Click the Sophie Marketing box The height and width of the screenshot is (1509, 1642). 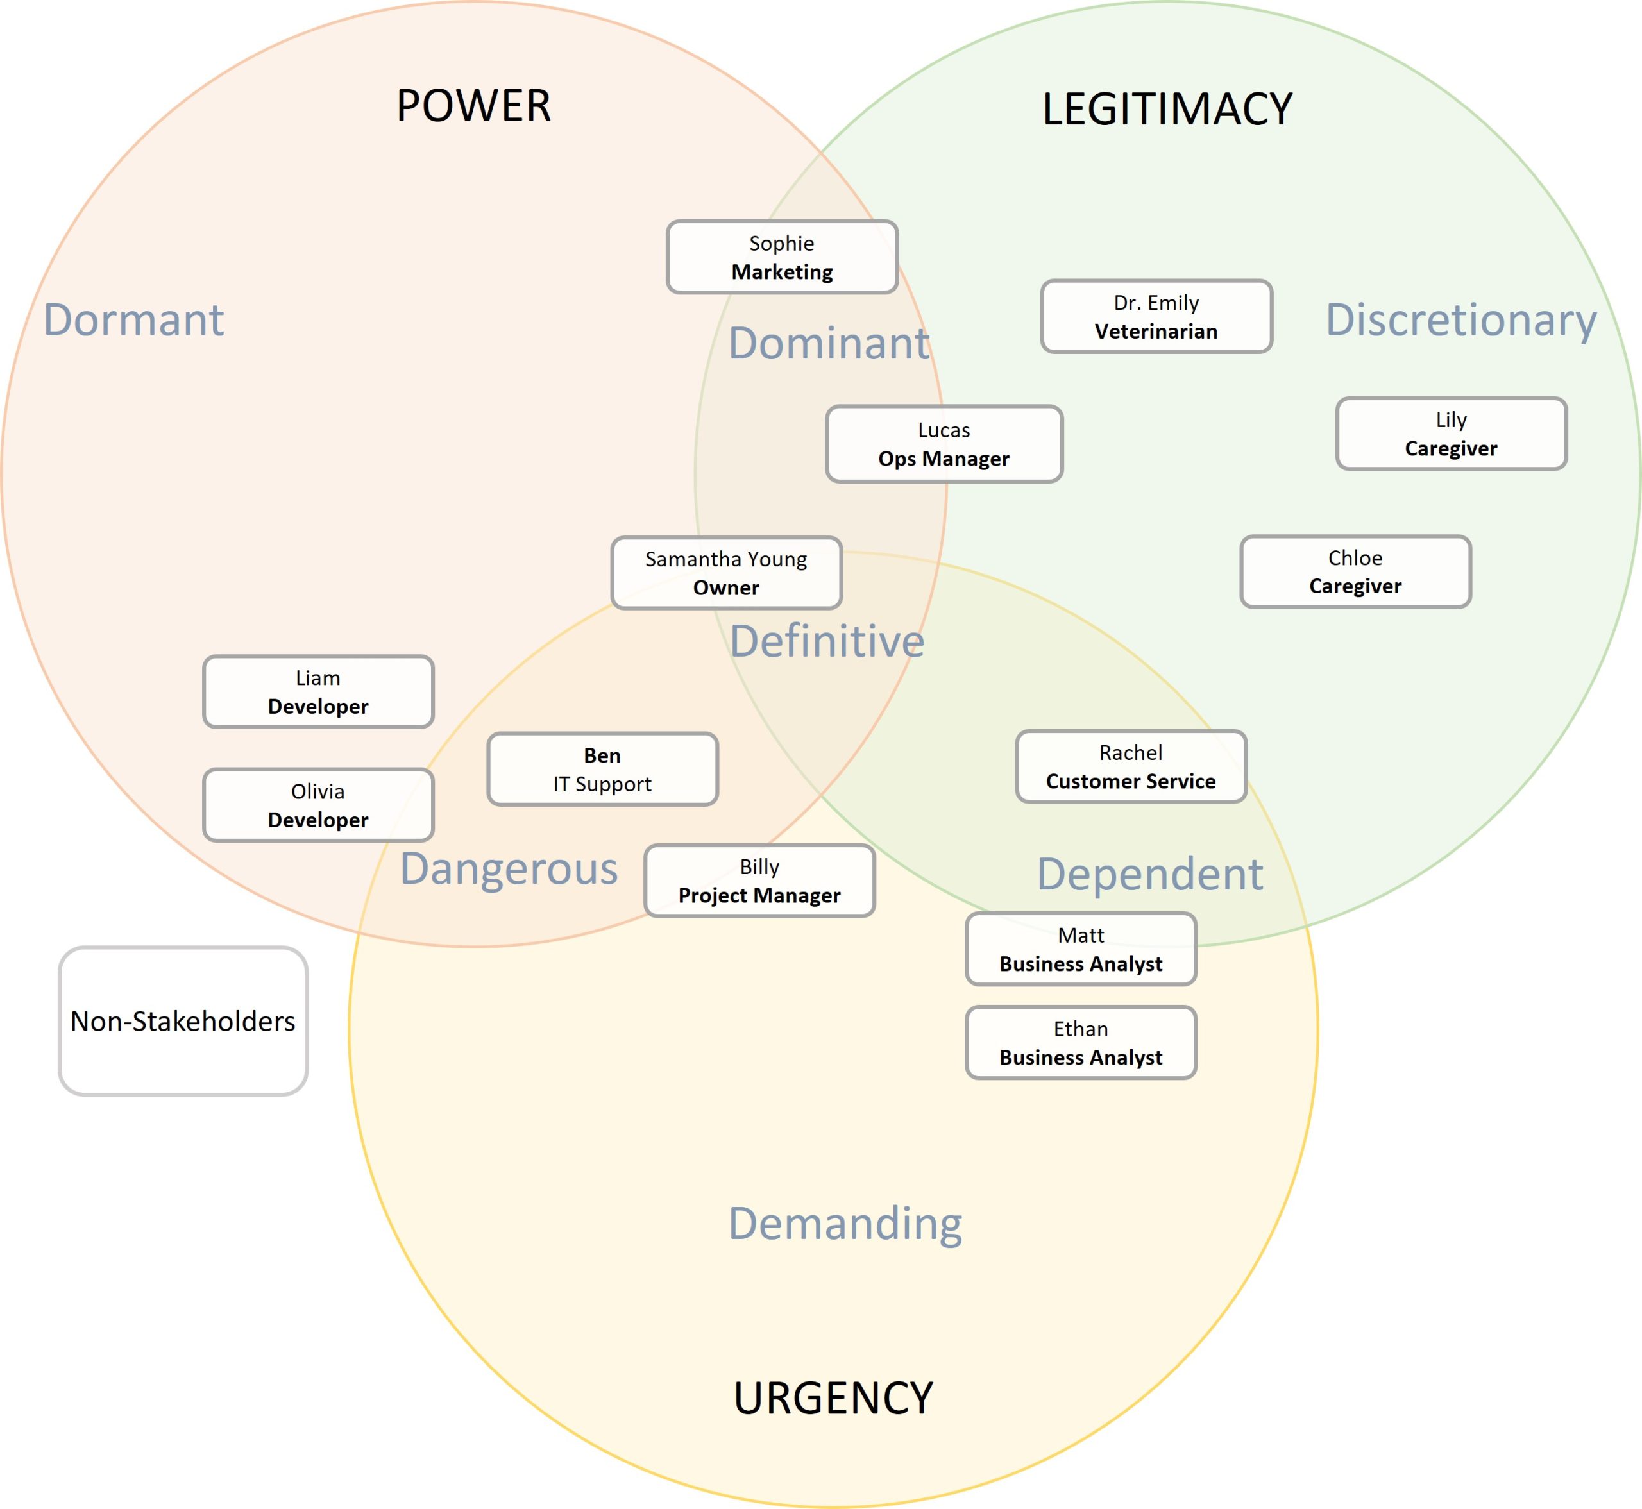pyautogui.click(x=781, y=257)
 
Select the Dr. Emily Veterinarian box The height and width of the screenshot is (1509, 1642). pyautogui.click(x=1156, y=317)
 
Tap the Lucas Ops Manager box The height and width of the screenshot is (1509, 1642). pyautogui.click(x=944, y=444)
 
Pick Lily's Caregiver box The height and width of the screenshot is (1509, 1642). pyautogui.click(x=1451, y=434)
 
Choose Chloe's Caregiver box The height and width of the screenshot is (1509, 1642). pyautogui.click(x=1355, y=571)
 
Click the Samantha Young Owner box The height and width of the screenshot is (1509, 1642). pyautogui.click(x=726, y=573)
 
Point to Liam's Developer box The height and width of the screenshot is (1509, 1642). pyautogui.click(x=317, y=691)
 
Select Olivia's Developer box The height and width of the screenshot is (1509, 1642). pyautogui.click(x=317, y=805)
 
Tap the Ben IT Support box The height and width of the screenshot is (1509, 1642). pyautogui.click(x=602, y=769)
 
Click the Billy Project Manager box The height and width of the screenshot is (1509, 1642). pyautogui.click(x=759, y=881)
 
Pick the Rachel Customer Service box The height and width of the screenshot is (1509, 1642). pyautogui.click(x=1131, y=767)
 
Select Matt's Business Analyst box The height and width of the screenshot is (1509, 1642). pyautogui.click(x=1081, y=949)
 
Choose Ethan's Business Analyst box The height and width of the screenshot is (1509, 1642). pyautogui.click(x=1081, y=1043)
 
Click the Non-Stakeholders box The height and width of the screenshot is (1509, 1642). pyautogui.click(x=183, y=1021)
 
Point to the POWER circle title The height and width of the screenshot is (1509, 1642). pyautogui.click(x=473, y=106)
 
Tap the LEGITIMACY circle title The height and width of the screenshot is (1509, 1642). pyautogui.click(x=1167, y=110)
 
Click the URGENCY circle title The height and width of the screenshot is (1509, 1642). pyautogui.click(x=833, y=1398)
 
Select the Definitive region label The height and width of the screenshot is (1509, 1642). pyautogui.click(x=827, y=641)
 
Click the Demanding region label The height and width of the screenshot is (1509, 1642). pyautogui.click(x=845, y=1223)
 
